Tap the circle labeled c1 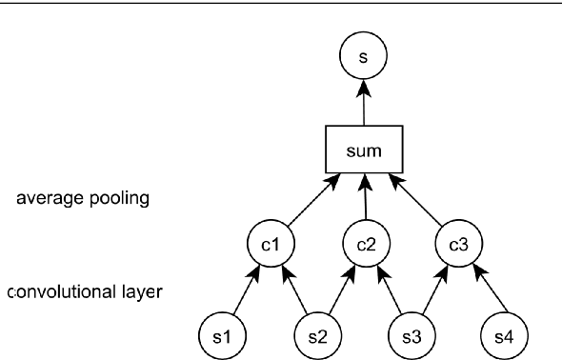point(270,245)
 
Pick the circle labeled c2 point(367,245)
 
